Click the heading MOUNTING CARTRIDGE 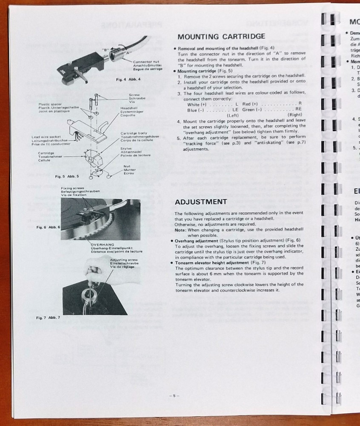[x=221, y=37]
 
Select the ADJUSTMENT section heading [x=201, y=201]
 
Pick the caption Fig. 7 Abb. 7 [x=48, y=317]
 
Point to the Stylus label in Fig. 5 [x=126, y=149]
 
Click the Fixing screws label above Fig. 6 [x=73, y=188]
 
